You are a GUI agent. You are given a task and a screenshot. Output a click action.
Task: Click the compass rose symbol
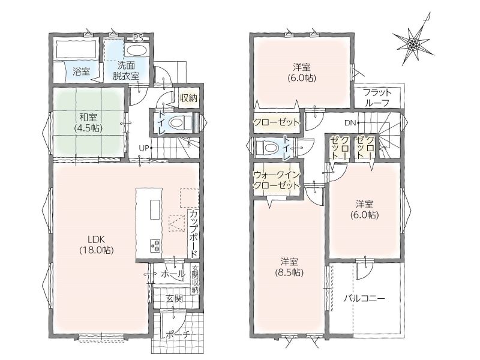[413, 43]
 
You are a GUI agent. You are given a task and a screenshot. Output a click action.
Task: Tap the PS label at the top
[138, 38]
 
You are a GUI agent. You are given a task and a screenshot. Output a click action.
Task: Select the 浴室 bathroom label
[81, 72]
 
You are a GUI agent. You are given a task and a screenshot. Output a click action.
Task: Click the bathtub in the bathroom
[76, 49]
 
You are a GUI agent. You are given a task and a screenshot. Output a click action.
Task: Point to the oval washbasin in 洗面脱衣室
[137, 50]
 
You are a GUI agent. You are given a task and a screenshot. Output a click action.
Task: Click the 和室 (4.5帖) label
[88, 122]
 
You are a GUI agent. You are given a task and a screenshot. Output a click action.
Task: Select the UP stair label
[144, 148]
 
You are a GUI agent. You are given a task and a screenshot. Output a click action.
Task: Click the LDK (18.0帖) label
[97, 245]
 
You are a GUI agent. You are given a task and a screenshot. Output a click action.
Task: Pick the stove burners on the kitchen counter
[155, 245]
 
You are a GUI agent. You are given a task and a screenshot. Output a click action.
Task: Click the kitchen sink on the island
[155, 209]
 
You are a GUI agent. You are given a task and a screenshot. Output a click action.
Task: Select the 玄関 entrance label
[175, 298]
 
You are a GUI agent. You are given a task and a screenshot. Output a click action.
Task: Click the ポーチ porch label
[178, 335]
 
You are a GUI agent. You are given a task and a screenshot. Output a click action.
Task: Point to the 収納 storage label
[188, 98]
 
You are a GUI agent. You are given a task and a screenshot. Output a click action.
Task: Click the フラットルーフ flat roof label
[377, 98]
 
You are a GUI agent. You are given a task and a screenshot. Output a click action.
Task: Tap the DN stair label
[350, 123]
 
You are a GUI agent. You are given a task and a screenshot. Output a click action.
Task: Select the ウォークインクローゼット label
[277, 180]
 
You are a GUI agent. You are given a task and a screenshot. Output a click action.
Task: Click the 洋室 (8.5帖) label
[289, 267]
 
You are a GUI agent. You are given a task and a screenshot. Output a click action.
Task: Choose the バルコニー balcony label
[364, 298]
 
